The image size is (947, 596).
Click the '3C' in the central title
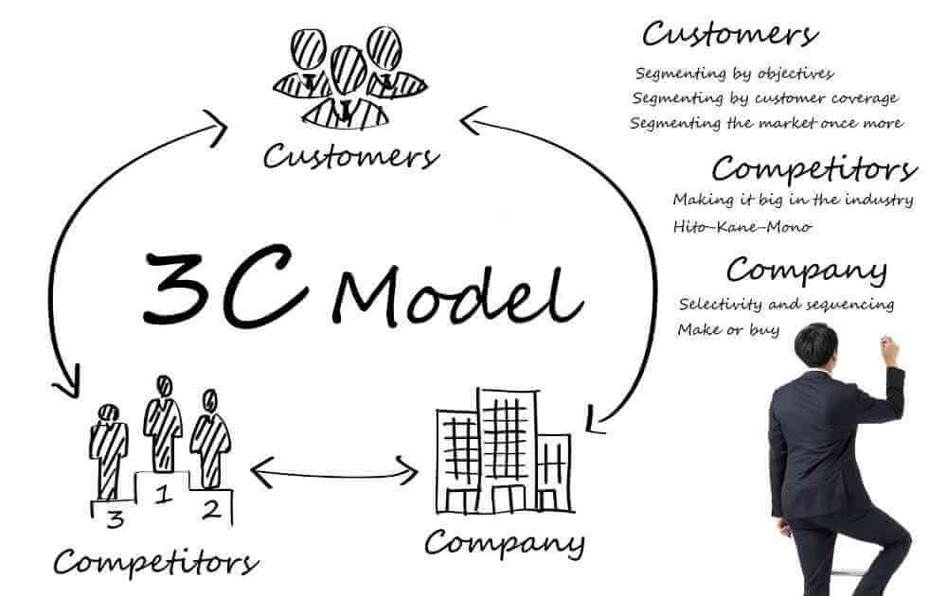click(x=224, y=286)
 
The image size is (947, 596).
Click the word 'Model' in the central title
click(x=457, y=295)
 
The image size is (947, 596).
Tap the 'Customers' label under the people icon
click(x=351, y=157)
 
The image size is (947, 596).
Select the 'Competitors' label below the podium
click(x=156, y=562)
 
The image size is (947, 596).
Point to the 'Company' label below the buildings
click(x=505, y=542)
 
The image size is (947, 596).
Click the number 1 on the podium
click(x=162, y=496)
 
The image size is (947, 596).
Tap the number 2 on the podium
click(x=211, y=510)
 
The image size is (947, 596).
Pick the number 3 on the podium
click(x=115, y=518)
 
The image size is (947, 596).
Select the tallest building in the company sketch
click(x=507, y=450)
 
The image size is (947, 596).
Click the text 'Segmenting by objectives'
click(x=734, y=74)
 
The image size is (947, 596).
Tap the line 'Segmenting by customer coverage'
click(x=764, y=98)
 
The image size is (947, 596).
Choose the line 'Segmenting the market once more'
click(x=766, y=123)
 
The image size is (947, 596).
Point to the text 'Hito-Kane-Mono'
click(x=742, y=227)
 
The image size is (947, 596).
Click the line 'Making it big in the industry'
click(x=793, y=200)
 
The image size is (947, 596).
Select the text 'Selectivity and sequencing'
click(x=786, y=304)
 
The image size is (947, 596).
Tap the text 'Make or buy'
click(x=728, y=330)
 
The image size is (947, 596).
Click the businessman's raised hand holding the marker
click(x=889, y=350)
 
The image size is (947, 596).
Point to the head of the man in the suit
click(x=816, y=346)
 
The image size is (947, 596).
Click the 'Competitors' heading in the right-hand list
click(x=814, y=169)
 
